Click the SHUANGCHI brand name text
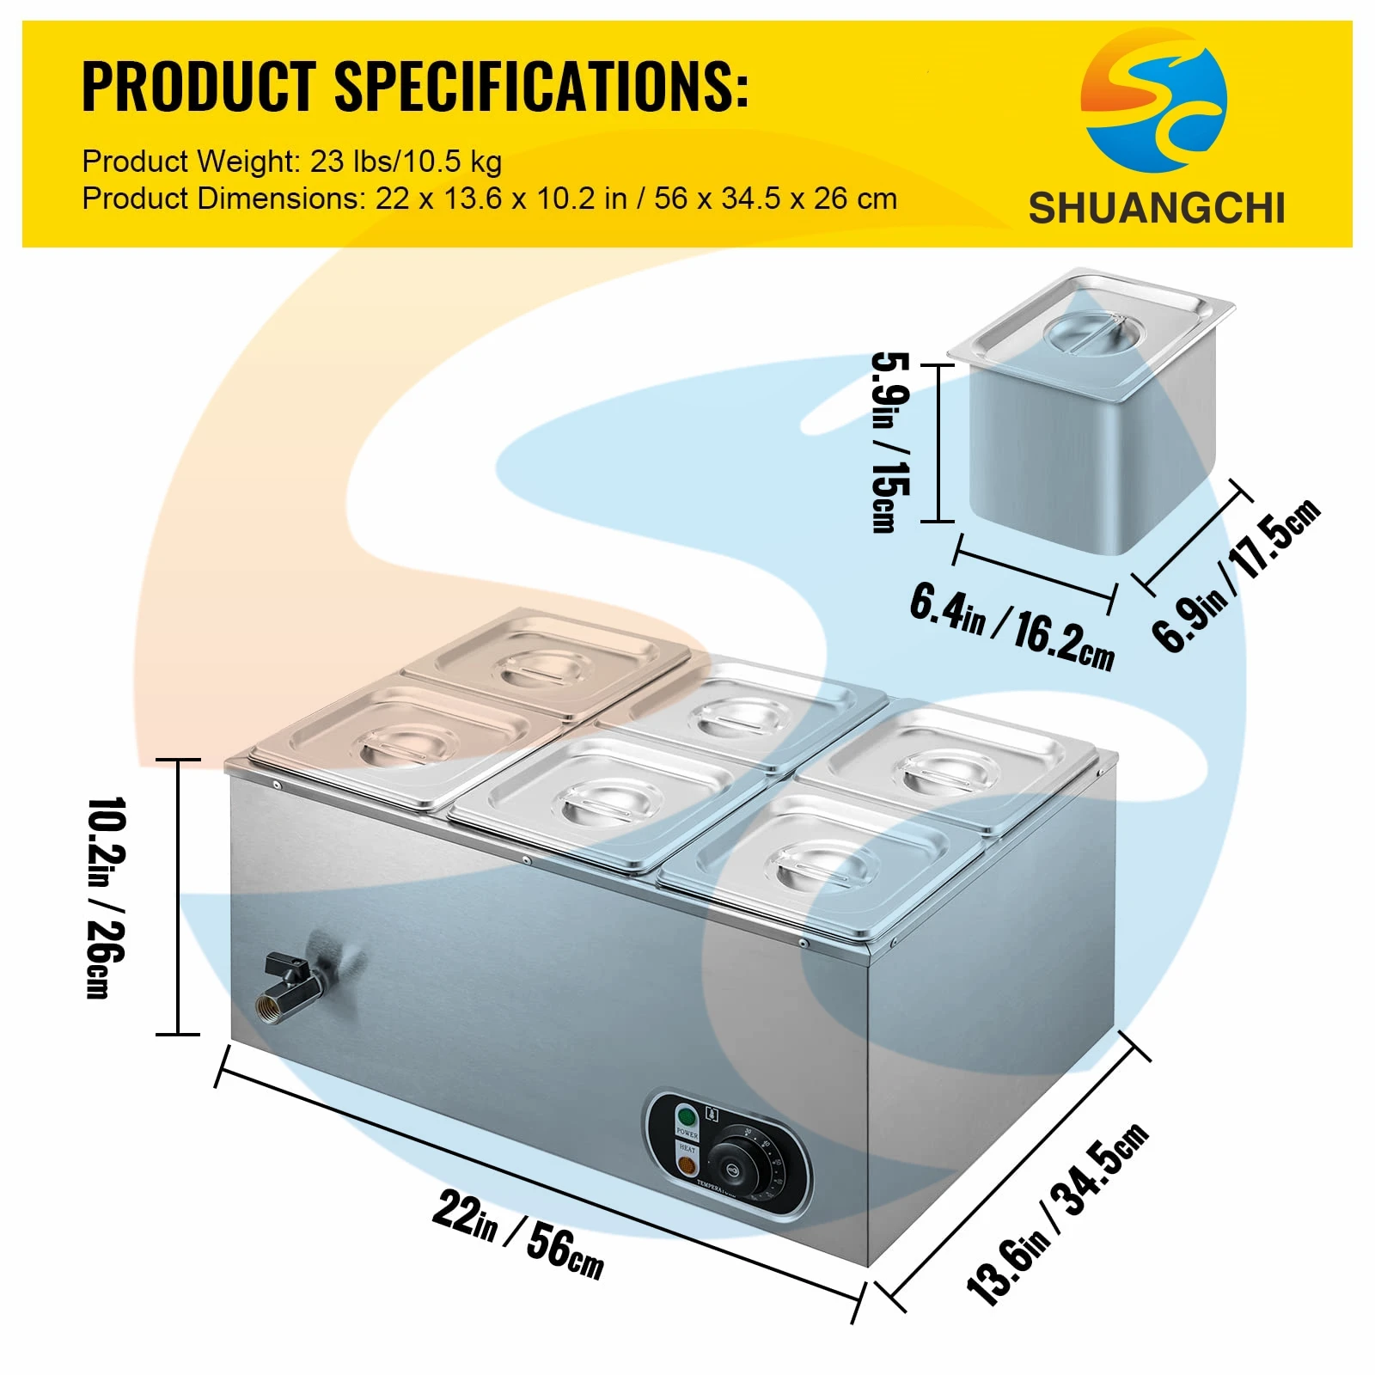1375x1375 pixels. (1156, 209)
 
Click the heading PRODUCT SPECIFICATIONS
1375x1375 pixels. (414, 86)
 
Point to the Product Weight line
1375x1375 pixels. (292, 161)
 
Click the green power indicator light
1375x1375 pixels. (686, 1117)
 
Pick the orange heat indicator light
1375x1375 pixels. (687, 1166)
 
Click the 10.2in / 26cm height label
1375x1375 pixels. (107, 897)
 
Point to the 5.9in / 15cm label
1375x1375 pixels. (890, 443)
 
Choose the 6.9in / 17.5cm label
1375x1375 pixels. (1236, 574)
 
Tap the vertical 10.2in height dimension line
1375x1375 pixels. (178, 897)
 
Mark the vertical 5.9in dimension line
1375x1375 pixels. (938, 443)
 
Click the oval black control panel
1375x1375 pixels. (727, 1152)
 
